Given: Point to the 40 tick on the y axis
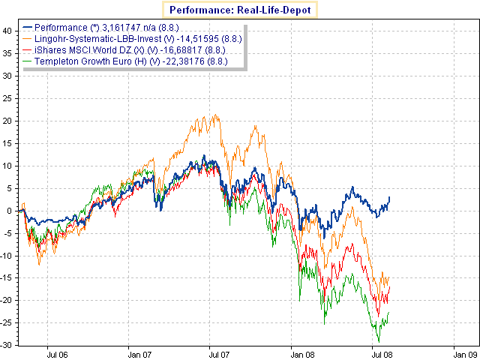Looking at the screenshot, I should coord(7,31).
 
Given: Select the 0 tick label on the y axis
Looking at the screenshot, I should coord(9,210).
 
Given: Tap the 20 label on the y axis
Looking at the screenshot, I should coord(7,121).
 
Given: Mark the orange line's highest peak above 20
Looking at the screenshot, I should coord(216,115).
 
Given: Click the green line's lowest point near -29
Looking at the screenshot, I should coord(377,342).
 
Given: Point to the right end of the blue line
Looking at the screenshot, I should coord(390,196).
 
